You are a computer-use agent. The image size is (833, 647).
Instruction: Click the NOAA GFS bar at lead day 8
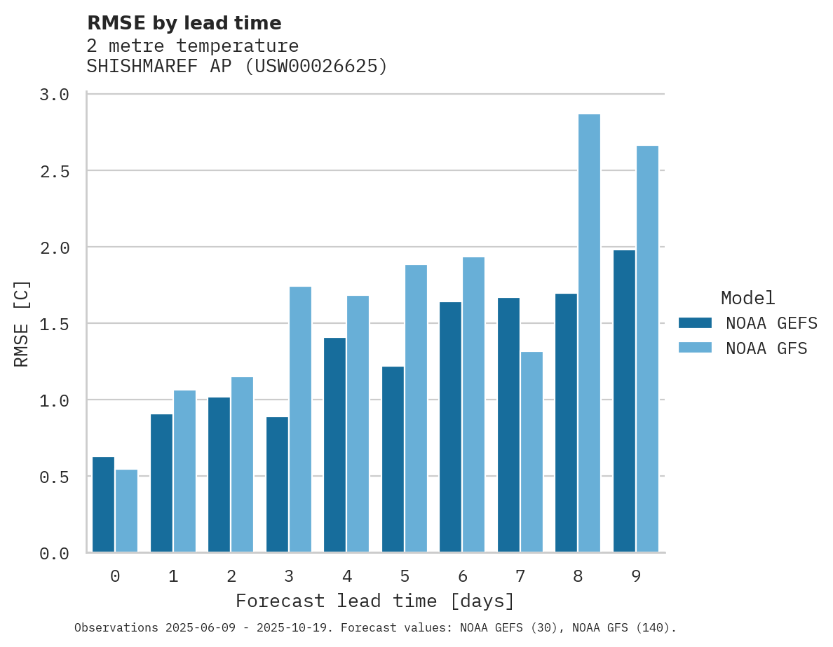[589, 333]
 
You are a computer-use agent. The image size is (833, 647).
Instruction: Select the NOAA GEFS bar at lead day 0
[103, 505]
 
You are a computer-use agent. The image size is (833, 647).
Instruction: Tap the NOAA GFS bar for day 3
[300, 419]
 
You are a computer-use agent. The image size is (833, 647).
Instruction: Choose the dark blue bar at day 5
[393, 459]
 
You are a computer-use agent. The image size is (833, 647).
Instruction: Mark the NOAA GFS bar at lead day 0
[126, 511]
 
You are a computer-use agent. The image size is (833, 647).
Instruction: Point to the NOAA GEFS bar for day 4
[334, 445]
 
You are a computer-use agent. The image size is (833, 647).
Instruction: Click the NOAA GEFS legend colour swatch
[695, 323]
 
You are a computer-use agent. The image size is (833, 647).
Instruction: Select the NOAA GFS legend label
[766, 348]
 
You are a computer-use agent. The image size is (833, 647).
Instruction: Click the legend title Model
[748, 298]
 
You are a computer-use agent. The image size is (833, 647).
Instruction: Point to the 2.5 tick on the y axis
[54, 171]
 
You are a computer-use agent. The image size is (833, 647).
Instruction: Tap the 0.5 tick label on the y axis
[54, 477]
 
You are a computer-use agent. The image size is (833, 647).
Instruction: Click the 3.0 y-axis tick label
[54, 95]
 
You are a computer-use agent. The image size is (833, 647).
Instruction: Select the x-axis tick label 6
[463, 576]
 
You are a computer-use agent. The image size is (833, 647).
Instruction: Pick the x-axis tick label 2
[231, 576]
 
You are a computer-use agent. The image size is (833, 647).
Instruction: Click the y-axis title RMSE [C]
[22, 323]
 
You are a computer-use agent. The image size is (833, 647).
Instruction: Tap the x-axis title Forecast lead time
[375, 601]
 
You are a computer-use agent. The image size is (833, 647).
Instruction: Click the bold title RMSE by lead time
[184, 23]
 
